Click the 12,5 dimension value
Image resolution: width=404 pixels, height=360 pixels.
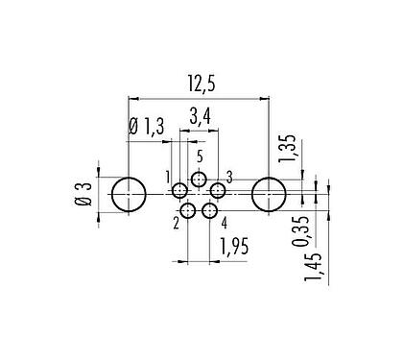(x=198, y=86)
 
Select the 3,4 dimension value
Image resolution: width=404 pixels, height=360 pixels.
(x=201, y=120)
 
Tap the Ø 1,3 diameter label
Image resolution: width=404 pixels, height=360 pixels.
(x=145, y=125)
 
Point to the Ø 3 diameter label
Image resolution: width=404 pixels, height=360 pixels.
(x=83, y=196)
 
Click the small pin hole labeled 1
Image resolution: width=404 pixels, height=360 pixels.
(x=180, y=192)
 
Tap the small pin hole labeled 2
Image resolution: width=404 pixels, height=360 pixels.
(x=188, y=211)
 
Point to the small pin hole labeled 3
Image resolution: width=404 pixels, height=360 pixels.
(x=217, y=192)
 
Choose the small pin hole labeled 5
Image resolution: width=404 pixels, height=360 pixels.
(x=199, y=180)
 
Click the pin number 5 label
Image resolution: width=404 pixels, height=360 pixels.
(x=200, y=157)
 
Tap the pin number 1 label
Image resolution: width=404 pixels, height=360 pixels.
(x=167, y=177)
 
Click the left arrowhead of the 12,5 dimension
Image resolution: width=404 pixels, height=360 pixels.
(x=132, y=98)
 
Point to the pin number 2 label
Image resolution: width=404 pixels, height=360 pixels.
(x=176, y=224)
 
